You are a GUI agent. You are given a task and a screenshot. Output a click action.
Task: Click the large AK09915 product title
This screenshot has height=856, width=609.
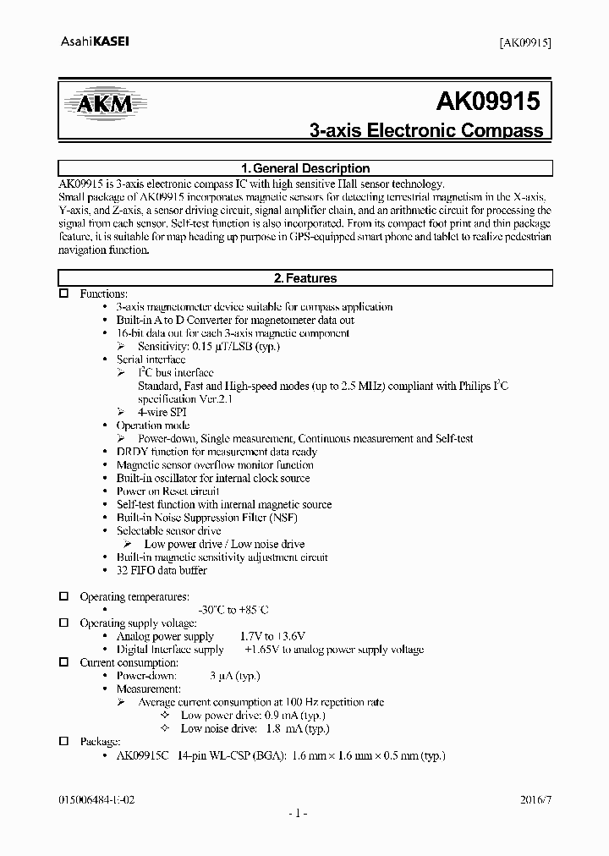(488, 102)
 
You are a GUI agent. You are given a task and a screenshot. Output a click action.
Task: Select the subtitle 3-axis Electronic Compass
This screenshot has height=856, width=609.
(426, 131)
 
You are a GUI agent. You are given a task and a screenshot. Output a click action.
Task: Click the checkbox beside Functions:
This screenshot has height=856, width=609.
(63, 294)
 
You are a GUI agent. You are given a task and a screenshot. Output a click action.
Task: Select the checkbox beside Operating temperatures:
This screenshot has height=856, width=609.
(63, 596)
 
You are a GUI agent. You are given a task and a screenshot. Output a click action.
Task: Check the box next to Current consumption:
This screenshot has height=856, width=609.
(63, 662)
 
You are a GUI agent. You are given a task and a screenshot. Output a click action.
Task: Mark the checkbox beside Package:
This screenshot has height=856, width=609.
(63, 741)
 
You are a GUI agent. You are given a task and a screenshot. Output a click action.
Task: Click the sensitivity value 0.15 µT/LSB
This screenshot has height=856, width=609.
(208, 346)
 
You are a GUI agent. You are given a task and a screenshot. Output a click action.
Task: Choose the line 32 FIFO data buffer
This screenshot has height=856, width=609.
(161, 571)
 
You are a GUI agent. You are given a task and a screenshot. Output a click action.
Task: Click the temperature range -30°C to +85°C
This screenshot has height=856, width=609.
(233, 610)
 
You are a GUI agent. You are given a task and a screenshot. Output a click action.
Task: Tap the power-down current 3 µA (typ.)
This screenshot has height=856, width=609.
(234, 676)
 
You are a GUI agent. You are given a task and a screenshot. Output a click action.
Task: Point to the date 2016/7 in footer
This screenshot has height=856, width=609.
(535, 798)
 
